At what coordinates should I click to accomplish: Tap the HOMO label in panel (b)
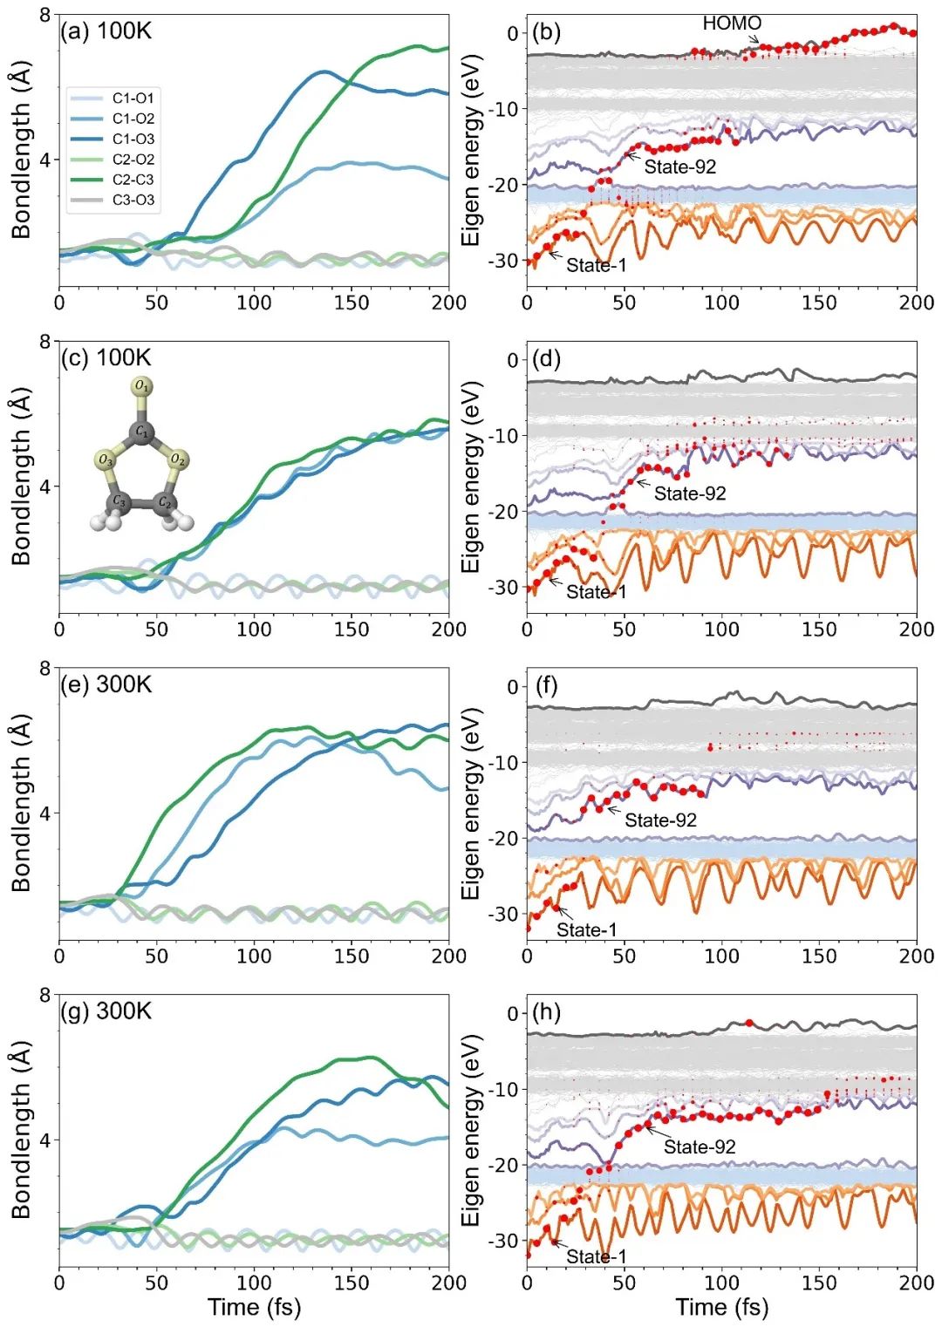[732, 24]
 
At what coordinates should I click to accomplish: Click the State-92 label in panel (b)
[679, 167]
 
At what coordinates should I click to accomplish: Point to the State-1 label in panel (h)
[596, 1256]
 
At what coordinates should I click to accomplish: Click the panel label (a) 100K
[106, 31]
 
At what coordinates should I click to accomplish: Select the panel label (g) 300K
[106, 1011]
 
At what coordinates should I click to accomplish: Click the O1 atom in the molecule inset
[141, 385]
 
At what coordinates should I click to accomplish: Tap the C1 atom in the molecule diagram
[141, 431]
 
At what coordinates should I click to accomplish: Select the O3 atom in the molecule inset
[106, 459]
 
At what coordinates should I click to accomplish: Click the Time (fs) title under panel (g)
[254, 1307]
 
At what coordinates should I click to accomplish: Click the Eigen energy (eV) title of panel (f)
[472, 804]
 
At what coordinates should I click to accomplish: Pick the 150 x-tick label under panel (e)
[352, 956]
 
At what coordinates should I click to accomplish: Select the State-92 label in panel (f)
[660, 820]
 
